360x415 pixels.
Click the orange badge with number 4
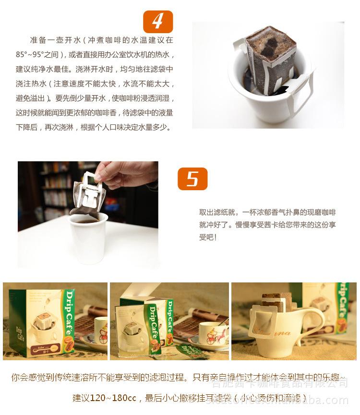[x=158, y=22]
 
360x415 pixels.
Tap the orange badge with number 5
[x=192, y=179]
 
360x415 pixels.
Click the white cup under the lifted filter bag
[x=88, y=238]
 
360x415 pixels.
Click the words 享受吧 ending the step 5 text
[x=208, y=237]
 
